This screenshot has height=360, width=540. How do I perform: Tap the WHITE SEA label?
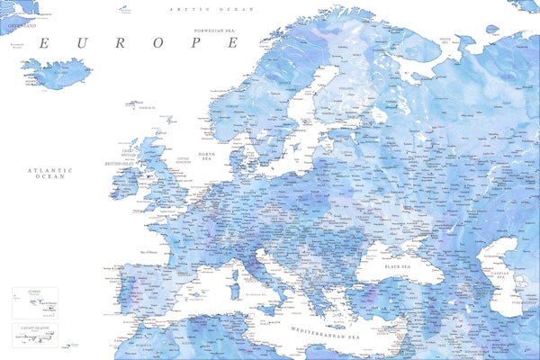pos(444,40)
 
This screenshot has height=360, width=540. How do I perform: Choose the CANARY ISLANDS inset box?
pos(35,334)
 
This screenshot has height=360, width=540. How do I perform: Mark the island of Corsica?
pos(237,273)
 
